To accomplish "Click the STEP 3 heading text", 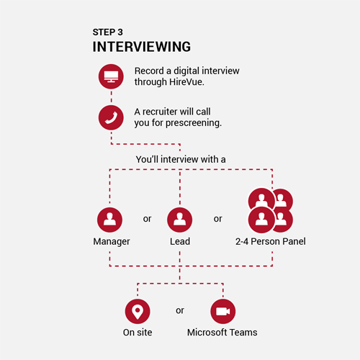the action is [x=108, y=32].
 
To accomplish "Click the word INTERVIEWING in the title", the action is [x=142, y=47].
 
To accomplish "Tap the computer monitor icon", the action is [x=111, y=76].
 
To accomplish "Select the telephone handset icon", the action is [x=111, y=117].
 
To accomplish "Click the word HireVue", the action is [x=186, y=82].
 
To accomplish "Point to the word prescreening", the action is [x=194, y=123].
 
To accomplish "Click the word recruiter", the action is [x=160, y=112].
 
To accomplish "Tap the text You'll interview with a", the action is [x=181, y=159].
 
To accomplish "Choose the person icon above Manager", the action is [x=109, y=220].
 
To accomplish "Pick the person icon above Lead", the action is [x=180, y=220].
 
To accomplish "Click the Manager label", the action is [x=112, y=242].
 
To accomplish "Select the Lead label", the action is [x=180, y=241].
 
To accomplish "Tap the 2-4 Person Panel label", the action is [x=271, y=241].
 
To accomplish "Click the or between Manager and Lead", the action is [x=147, y=219].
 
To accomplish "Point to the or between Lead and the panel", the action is [x=218, y=219].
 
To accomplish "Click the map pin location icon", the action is [x=138, y=312].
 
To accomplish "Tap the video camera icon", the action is [x=223, y=312].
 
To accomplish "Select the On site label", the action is [x=138, y=333].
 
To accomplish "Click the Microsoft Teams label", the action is [x=222, y=333].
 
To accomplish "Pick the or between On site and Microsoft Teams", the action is [x=180, y=310].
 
